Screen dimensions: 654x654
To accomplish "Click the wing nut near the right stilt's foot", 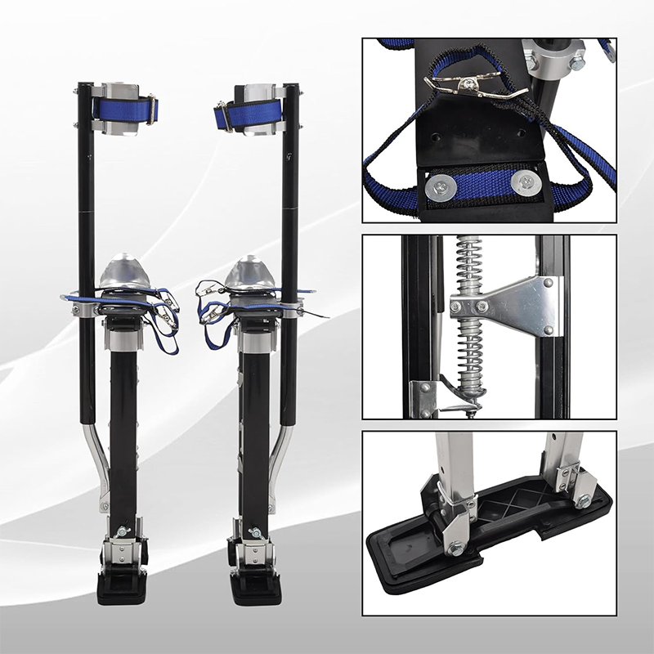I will click(x=254, y=533).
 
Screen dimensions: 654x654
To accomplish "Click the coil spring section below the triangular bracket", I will click(x=471, y=352).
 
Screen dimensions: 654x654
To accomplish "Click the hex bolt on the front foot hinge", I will click(x=455, y=548).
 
